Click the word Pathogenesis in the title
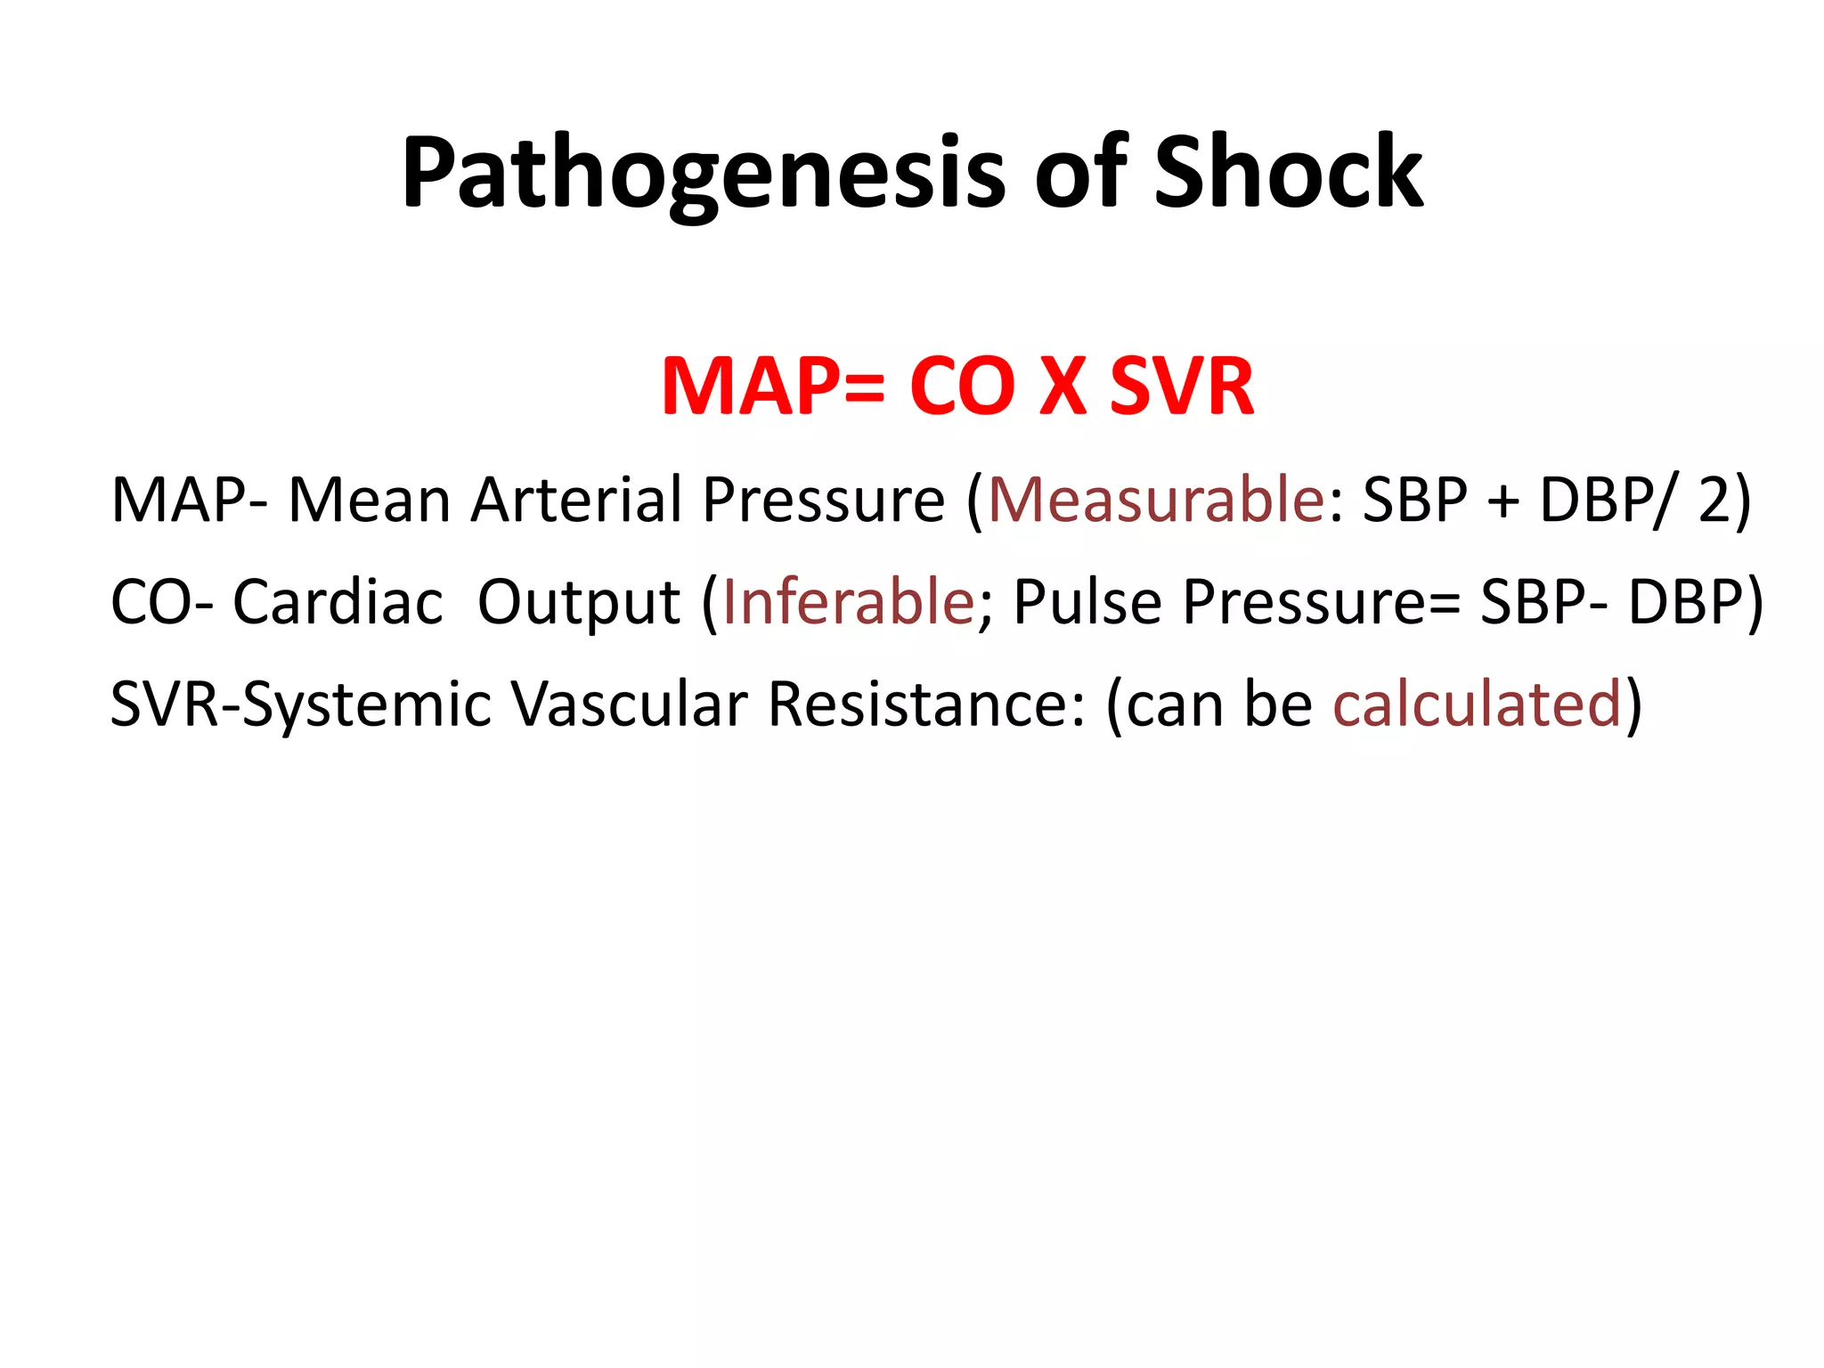click(x=703, y=174)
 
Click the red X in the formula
click(x=1063, y=387)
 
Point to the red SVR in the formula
click(x=1182, y=387)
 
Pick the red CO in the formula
click(x=962, y=387)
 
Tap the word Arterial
click(x=576, y=500)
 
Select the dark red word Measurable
click(x=1156, y=500)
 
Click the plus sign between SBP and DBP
click(x=1503, y=501)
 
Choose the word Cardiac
click(x=338, y=602)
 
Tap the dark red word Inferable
click(x=848, y=602)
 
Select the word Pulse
click(x=1087, y=602)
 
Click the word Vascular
click(x=629, y=704)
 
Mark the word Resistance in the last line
click(x=926, y=704)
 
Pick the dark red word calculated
click(x=1477, y=704)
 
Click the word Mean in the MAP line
click(x=369, y=500)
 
